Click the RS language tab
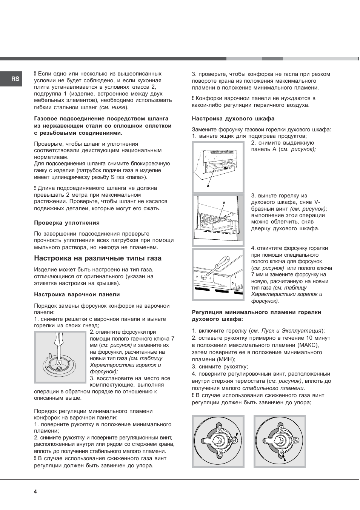click(15, 79)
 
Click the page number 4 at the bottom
click(35, 492)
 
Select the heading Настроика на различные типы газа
click(98, 258)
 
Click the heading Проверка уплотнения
click(67, 223)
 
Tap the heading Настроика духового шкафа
click(233, 119)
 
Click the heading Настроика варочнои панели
click(77, 294)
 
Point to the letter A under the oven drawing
click(208, 186)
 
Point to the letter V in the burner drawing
click(224, 203)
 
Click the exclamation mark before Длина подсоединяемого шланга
click(35, 188)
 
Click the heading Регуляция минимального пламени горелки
click(257, 312)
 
